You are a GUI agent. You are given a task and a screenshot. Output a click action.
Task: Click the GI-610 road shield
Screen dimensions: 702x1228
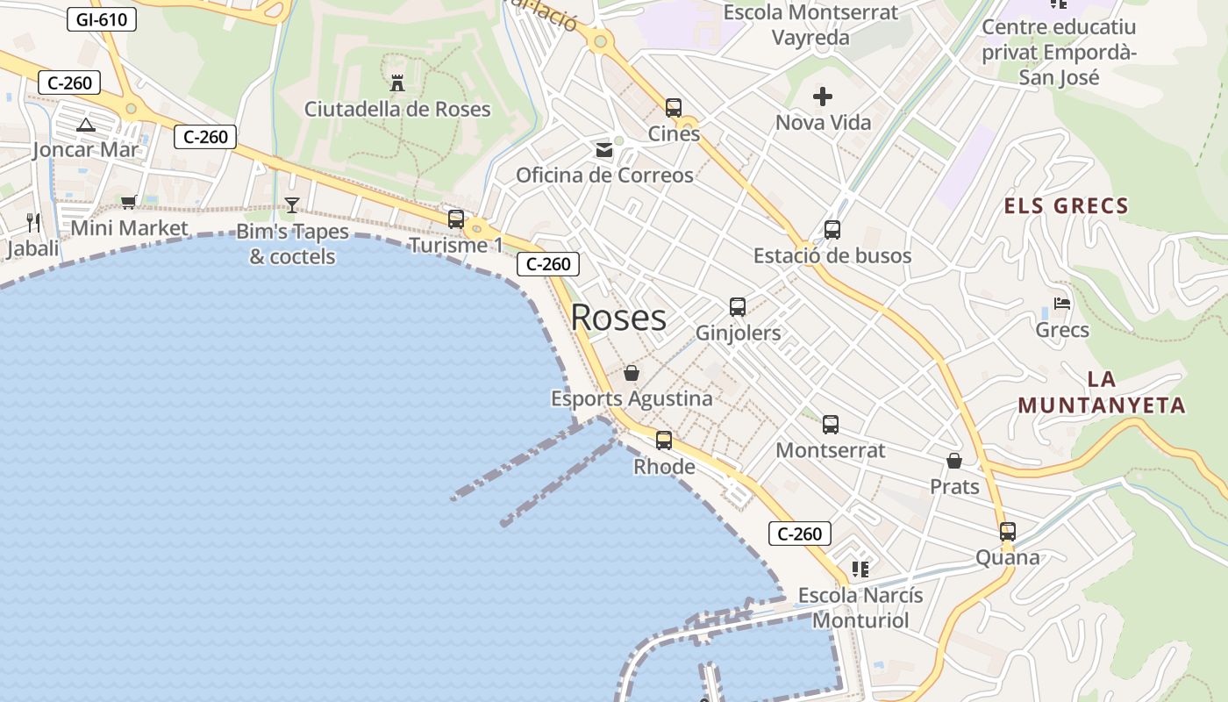pyautogui.click(x=102, y=18)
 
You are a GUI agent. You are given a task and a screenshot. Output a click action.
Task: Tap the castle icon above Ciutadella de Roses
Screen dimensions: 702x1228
pyautogui.click(x=397, y=83)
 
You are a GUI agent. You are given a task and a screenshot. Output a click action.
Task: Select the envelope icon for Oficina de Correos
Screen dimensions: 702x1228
pyautogui.click(x=604, y=150)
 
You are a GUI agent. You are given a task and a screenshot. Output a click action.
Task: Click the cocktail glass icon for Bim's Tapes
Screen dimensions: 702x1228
pyautogui.click(x=292, y=205)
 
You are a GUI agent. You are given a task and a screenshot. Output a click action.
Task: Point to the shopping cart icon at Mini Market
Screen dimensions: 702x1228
pyautogui.click(x=129, y=203)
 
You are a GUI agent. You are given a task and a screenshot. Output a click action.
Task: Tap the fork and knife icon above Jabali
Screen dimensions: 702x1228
pyautogui.click(x=33, y=222)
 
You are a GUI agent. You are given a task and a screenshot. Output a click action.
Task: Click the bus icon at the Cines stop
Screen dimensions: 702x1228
pyautogui.click(x=674, y=108)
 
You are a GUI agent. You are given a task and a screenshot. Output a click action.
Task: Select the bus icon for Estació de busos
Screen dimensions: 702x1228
pyautogui.click(x=832, y=230)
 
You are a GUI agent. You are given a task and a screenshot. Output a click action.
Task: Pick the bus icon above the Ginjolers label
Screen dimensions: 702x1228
pyautogui.click(x=738, y=307)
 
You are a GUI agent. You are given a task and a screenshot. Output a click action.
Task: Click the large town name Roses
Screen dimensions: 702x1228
pyautogui.click(x=618, y=318)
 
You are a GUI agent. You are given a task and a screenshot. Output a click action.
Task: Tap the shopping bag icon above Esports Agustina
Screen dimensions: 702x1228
pyautogui.click(x=632, y=373)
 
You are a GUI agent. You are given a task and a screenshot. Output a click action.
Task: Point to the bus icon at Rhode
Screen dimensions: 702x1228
pyautogui.click(x=664, y=441)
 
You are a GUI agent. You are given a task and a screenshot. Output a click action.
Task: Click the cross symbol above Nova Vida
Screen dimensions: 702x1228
pyautogui.click(x=823, y=97)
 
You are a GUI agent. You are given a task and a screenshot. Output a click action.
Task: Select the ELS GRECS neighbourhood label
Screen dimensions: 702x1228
pyautogui.click(x=1066, y=207)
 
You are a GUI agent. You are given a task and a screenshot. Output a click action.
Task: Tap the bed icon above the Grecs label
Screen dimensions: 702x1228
pyautogui.click(x=1062, y=304)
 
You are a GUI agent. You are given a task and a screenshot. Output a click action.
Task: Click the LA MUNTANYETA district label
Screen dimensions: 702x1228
pyautogui.click(x=1102, y=392)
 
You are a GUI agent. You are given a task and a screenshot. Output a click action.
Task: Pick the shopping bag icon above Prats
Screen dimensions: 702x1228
pyautogui.click(x=954, y=461)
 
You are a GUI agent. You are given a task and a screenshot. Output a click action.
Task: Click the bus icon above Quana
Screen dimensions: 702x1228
pyautogui.click(x=1008, y=531)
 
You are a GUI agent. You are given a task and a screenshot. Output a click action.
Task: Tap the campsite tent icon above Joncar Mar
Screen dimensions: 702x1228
pyautogui.click(x=85, y=125)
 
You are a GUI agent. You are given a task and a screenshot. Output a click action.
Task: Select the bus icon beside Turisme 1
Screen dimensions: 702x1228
pyautogui.click(x=456, y=219)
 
